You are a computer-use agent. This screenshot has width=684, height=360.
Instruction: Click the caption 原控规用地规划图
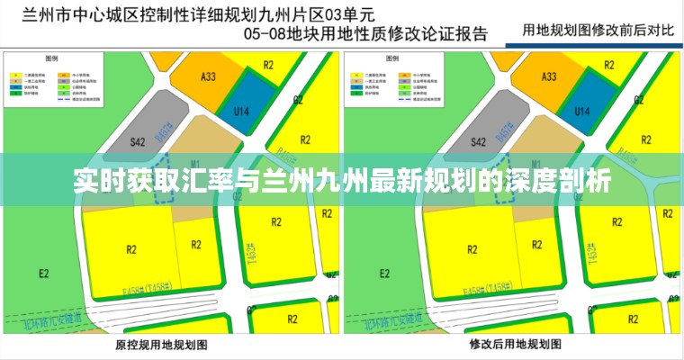pyautogui.click(x=162, y=345)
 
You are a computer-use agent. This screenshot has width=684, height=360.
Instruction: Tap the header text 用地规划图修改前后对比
pyautogui.click(x=598, y=29)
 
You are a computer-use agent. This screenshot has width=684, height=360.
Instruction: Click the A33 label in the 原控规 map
pyautogui.click(x=208, y=77)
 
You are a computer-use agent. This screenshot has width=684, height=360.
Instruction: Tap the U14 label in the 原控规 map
pyautogui.click(x=239, y=111)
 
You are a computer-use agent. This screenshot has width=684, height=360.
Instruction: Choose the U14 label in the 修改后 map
pyautogui.click(x=581, y=111)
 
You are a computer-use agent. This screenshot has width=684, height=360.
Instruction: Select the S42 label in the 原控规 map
pyautogui.click(x=138, y=141)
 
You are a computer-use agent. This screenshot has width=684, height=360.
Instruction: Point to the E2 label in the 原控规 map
pyautogui.click(x=43, y=273)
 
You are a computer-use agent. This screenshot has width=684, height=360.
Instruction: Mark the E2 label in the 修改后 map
pyautogui.click(x=384, y=273)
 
